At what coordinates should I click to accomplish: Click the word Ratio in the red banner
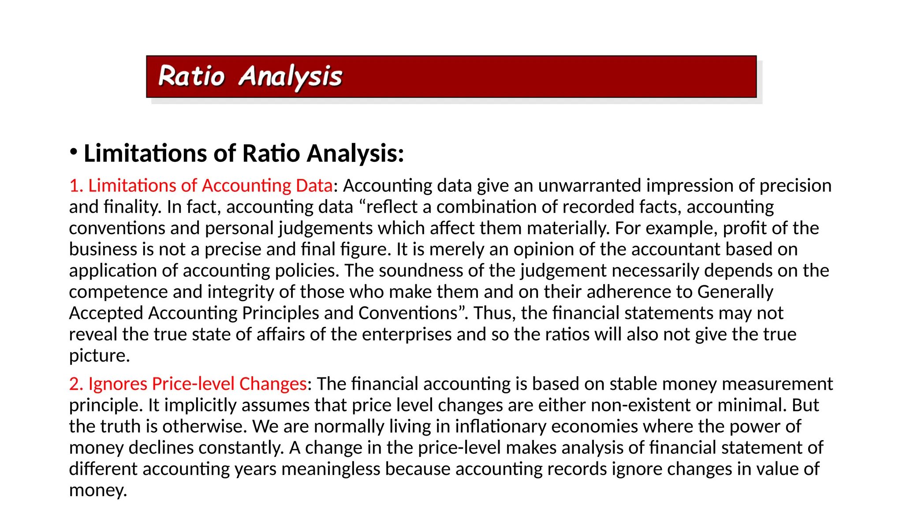pyautogui.click(x=191, y=76)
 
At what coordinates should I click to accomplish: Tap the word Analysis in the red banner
pyautogui.click(x=290, y=77)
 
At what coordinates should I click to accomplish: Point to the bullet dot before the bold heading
pyautogui.click(x=74, y=152)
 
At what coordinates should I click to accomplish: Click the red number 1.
pyautogui.click(x=75, y=186)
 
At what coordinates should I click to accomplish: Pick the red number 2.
pyautogui.click(x=75, y=384)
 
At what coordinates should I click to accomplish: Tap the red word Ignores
pyautogui.click(x=117, y=384)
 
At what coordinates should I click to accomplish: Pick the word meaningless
pyautogui.click(x=331, y=469)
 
